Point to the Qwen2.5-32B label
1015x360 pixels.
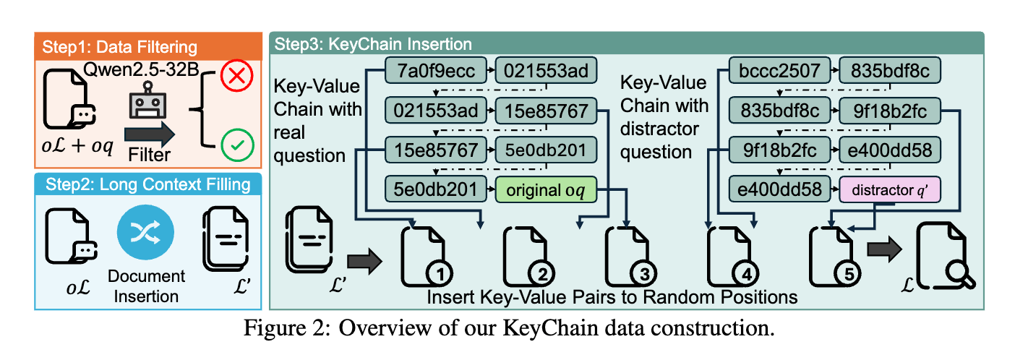tap(143, 71)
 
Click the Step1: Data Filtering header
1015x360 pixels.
tap(119, 48)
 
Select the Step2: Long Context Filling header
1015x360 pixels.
tap(145, 184)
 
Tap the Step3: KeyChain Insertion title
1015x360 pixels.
tap(373, 44)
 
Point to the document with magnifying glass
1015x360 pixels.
tap(944, 253)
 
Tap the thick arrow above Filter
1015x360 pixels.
tap(149, 133)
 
